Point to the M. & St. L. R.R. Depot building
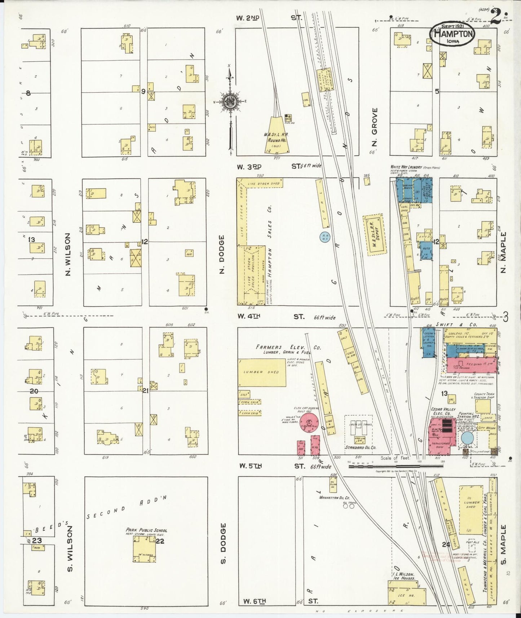[x=375, y=235]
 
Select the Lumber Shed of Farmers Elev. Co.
[x=262, y=372]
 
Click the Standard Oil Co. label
[x=360, y=447]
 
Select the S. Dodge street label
[x=223, y=543]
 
